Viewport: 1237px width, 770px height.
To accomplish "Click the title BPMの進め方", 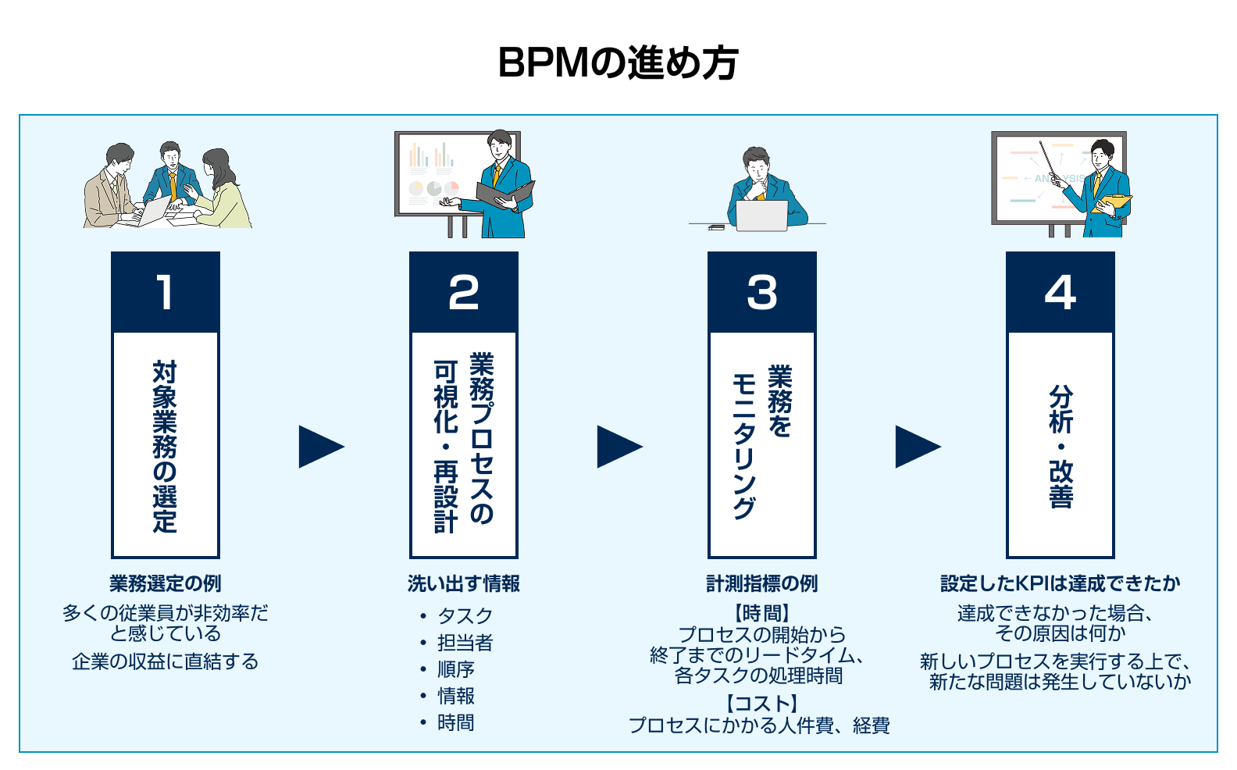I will pyautogui.click(x=618, y=62).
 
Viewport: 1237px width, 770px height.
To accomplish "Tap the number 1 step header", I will pyautogui.click(x=166, y=292).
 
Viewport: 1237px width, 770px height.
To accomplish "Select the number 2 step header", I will pyautogui.click(x=464, y=292).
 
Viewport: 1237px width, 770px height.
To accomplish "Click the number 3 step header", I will pyautogui.click(x=762, y=292).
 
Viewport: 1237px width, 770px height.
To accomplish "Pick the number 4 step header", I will pyautogui.click(x=1061, y=292).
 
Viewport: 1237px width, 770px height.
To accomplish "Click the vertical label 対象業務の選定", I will pyautogui.click(x=166, y=446).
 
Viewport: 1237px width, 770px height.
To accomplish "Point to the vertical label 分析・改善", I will pyautogui.click(x=1061, y=446).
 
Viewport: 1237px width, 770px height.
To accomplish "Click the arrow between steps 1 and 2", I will pyautogui.click(x=319, y=447).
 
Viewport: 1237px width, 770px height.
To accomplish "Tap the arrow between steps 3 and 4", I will pyautogui.click(x=916, y=447).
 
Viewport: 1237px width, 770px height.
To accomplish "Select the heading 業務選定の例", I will pyautogui.click(x=166, y=583).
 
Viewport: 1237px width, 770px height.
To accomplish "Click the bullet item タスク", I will pyautogui.click(x=465, y=615).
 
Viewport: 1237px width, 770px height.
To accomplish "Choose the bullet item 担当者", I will pyautogui.click(x=465, y=642).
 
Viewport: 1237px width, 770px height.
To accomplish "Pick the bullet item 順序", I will pyautogui.click(x=456, y=669).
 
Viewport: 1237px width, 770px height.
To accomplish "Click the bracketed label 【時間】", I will pyautogui.click(x=761, y=613).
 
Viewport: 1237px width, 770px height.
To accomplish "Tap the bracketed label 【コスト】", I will pyautogui.click(x=761, y=704).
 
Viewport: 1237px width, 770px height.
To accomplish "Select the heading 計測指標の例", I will pyautogui.click(x=762, y=583).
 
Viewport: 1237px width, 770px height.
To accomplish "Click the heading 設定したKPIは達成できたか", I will pyautogui.click(x=1061, y=583).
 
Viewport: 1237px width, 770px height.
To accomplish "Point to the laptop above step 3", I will pyautogui.click(x=762, y=216).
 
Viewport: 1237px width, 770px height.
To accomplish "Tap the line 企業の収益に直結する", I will pyautogui.click(x=166, y=661).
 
